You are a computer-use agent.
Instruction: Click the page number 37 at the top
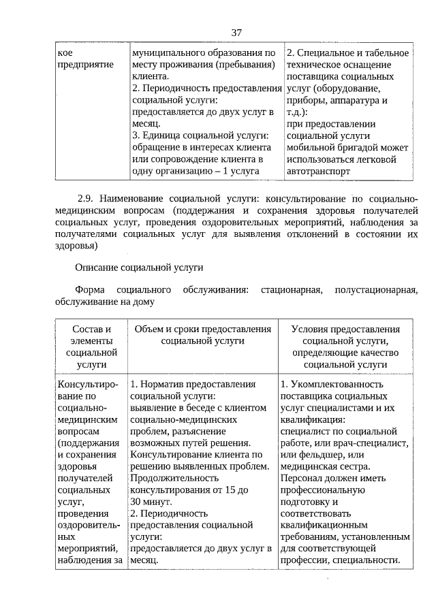click(x=236, y=32)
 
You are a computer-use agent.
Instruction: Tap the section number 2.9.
click(x=85, y=198)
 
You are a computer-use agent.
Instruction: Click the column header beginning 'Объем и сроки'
click(x=203, y=335)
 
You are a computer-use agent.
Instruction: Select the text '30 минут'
click(x=151, y=502)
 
